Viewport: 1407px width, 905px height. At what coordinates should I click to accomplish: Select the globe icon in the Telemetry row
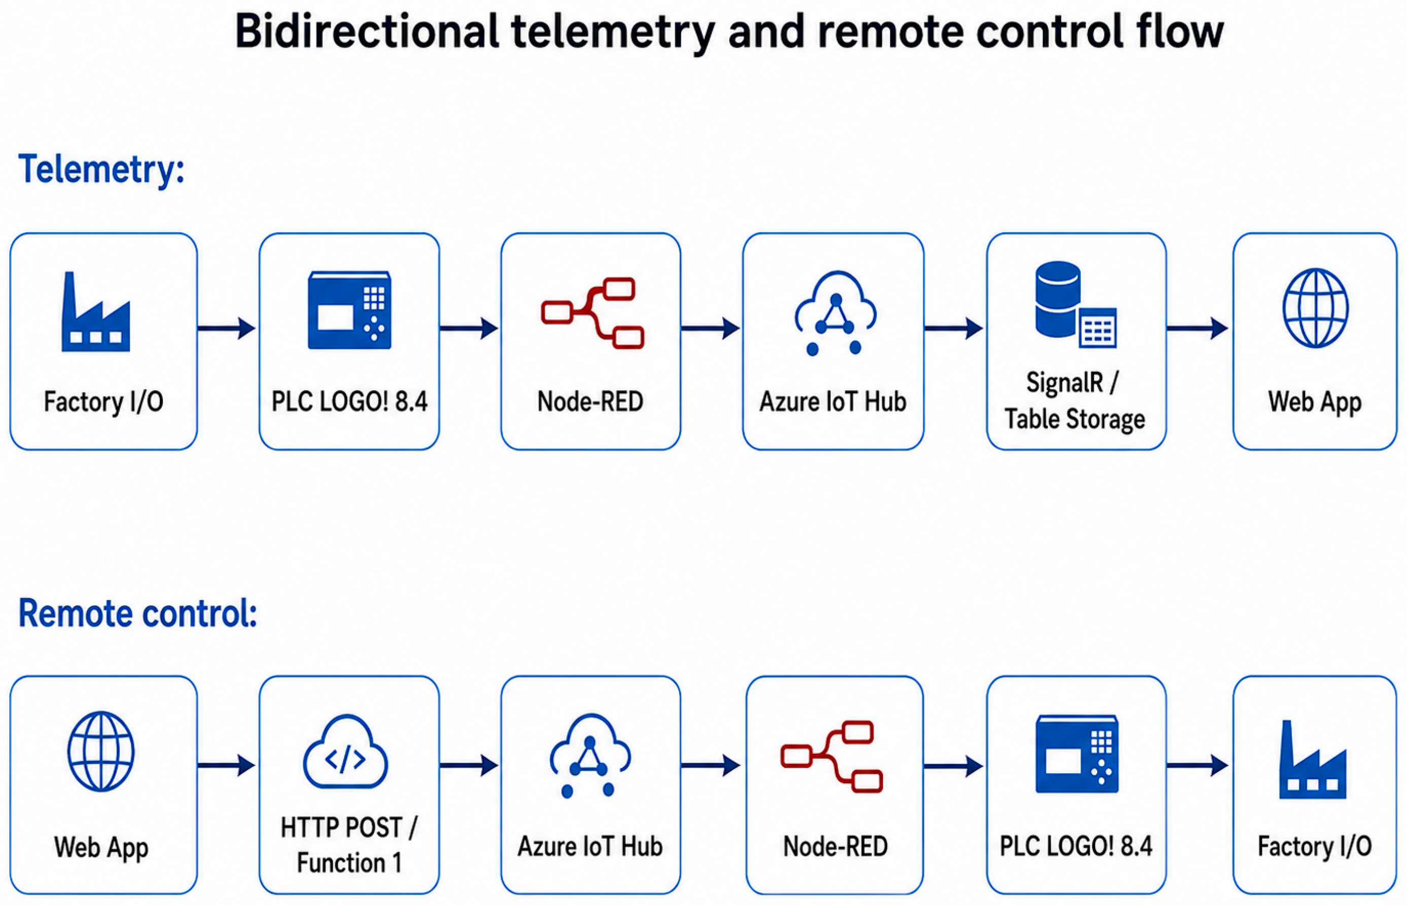[1315, 308]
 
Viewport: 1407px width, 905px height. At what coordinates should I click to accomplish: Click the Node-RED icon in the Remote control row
[831, 756]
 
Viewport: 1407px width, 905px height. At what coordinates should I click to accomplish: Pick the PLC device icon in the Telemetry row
[349, 310]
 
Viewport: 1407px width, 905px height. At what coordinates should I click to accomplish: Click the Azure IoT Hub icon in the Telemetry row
[835, 312]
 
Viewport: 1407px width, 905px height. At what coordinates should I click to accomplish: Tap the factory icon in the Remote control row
[1313, 759]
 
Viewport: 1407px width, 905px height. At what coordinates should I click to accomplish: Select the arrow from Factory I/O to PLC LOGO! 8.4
[227, 328]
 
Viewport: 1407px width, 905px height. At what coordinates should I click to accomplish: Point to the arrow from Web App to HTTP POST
[227, 765]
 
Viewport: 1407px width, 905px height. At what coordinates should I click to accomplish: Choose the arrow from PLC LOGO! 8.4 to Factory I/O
[1198, 765]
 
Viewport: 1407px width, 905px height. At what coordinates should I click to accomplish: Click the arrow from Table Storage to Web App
[1198, 328]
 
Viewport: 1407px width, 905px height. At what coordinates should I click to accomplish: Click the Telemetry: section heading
[101, 170]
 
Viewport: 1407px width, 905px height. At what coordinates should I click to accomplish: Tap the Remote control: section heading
[138, 613]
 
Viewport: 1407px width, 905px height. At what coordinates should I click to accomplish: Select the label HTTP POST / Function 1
[349, 845]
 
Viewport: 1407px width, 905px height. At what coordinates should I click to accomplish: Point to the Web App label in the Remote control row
[101, 847]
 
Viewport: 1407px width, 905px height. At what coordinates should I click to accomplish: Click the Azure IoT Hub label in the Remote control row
[590, 846]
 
